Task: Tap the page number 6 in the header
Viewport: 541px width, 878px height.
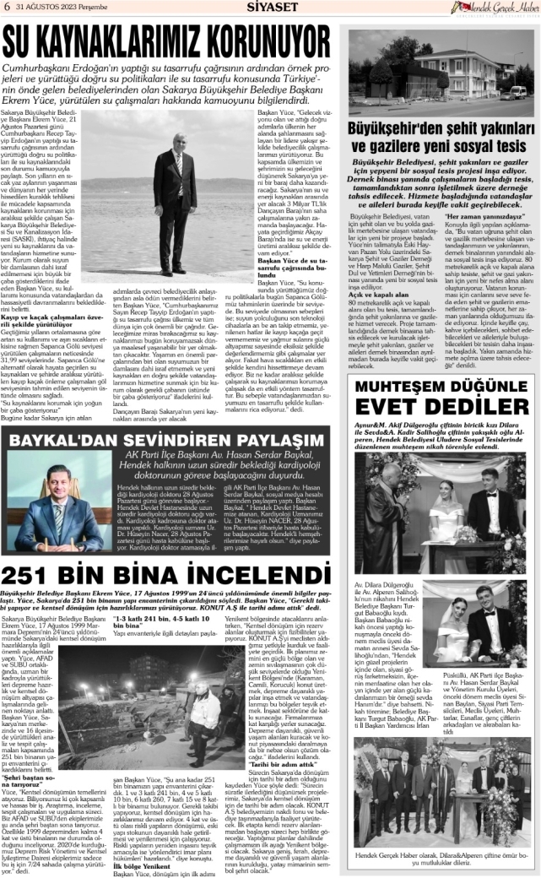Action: pyautogui.click(x=6, y=8)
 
